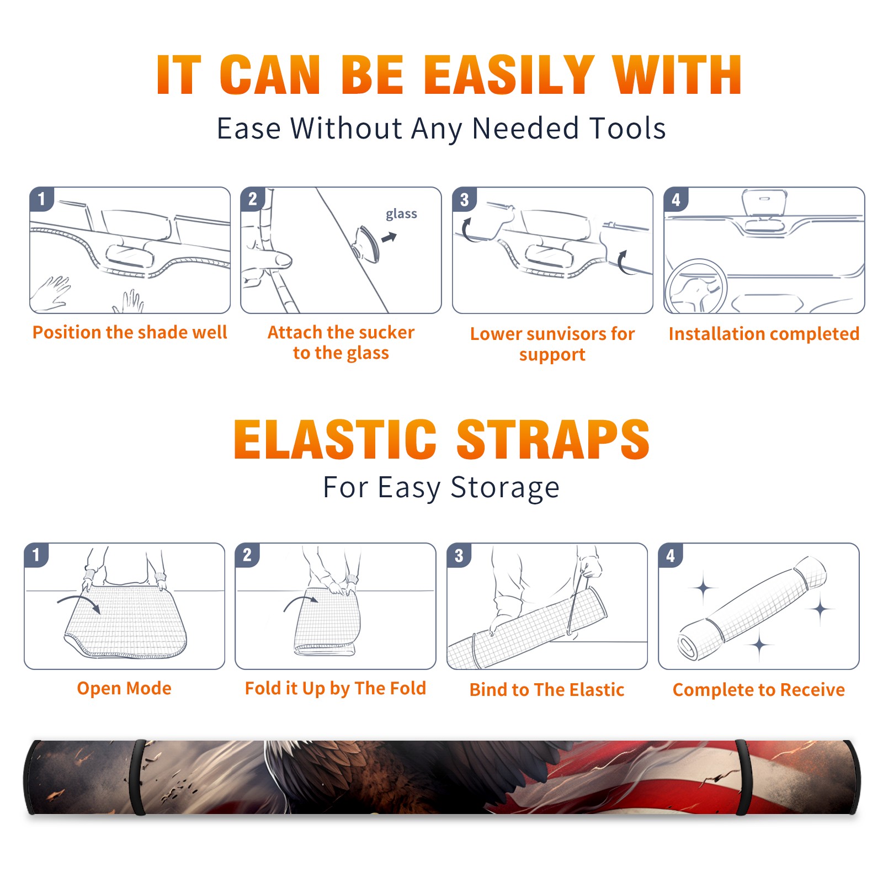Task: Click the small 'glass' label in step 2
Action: tap(401, 214)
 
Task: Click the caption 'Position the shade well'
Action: tap(130, 332)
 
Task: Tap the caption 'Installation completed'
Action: tap(764, 333)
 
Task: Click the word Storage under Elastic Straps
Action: tap(505, 488)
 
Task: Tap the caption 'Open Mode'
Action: tap(124, 688)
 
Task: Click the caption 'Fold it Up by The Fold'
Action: tap(336, 688)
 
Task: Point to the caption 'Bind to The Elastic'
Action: tap(547, 690)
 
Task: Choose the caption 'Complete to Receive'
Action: tap(759, 690)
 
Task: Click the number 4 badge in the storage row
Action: tap(671, 555)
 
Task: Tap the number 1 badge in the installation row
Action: tap(41, 199)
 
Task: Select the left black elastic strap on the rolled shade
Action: tap(139, 778)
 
